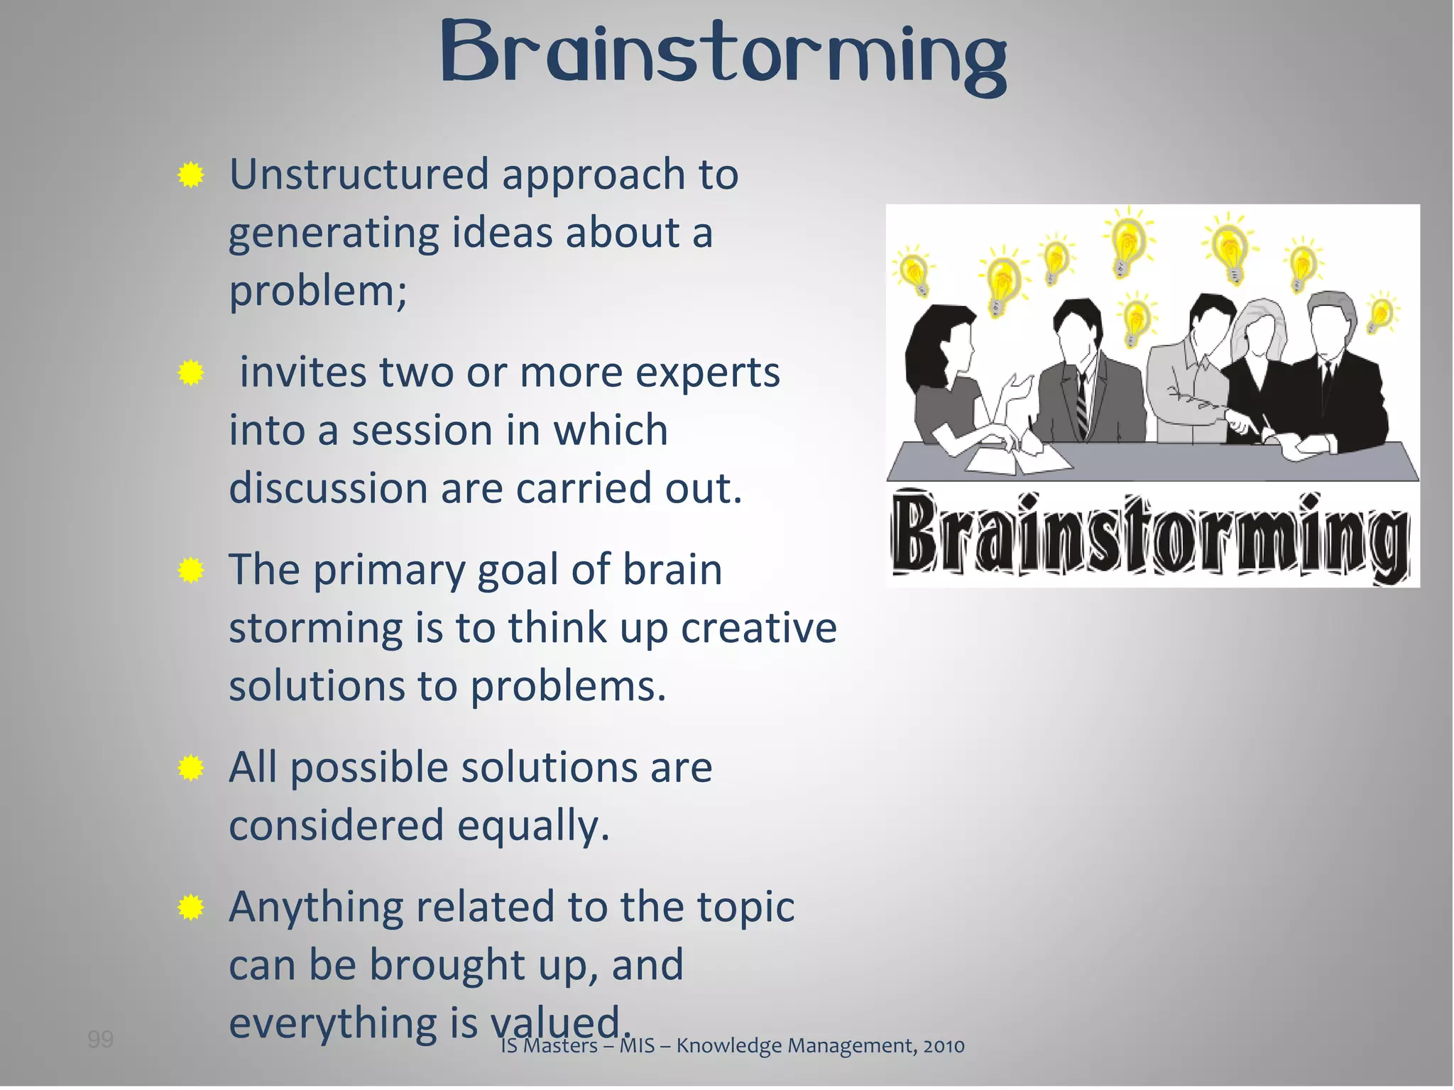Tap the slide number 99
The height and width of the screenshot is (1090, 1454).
point(100,1040)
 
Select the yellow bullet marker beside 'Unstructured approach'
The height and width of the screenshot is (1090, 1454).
point(190,175)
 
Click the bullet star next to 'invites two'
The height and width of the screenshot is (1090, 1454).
point(190,373)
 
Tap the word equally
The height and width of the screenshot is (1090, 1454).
point(532,826)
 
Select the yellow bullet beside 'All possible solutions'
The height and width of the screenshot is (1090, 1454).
point(190,768)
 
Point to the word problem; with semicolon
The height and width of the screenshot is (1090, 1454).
point(318,291)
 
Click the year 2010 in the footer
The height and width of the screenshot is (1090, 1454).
point(944,1046)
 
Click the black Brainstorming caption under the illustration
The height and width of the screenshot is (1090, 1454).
point(1150,536)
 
